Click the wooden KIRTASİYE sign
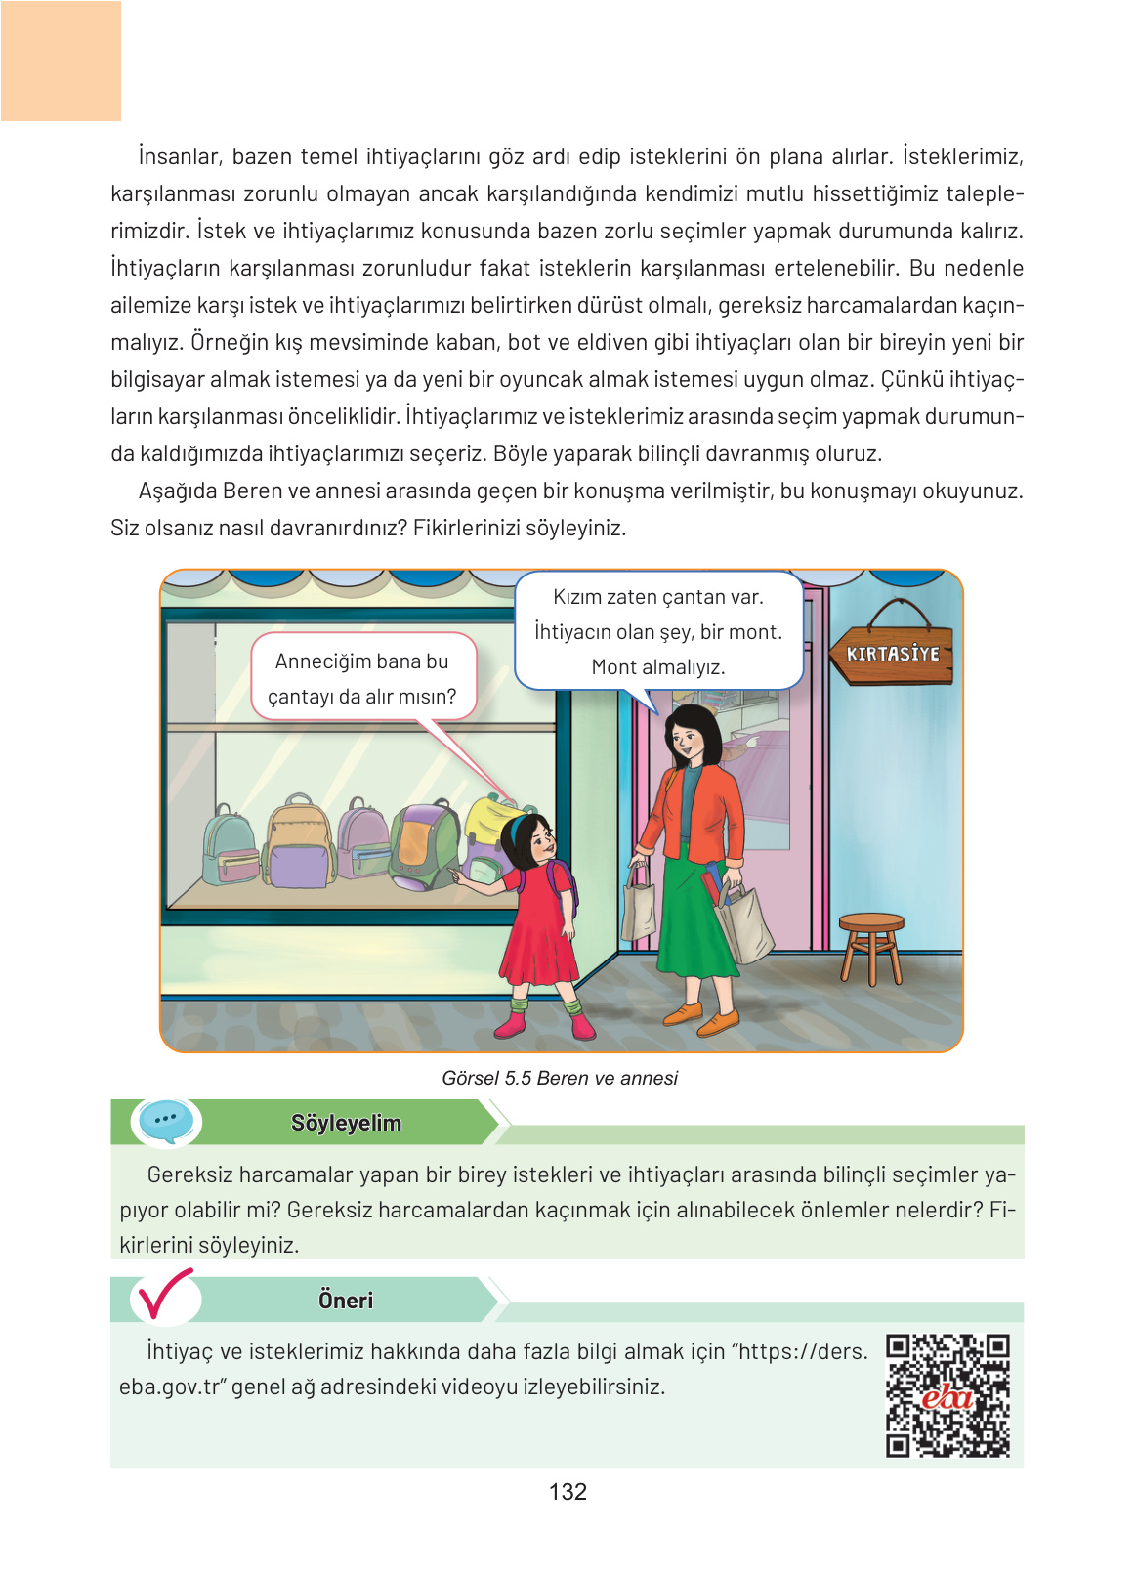pyautogui.click(x=891, y=654)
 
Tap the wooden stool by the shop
pyautogui.click(x=870, y=944)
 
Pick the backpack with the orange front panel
pyautogui.click(x=423, y=846)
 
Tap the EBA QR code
pyautogui.click(x=947, y=1394)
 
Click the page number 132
pyautogui.click(x=568, y=1491)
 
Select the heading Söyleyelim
pyautogui.click(x=346, y=1123)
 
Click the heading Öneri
pyautogui.click(x=346, y=1300)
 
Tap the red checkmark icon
pyautogui.click(x=164, y=1295)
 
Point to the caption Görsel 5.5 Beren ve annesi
pyautogui.click(x=560, y=1078)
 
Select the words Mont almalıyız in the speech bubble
pyautogui.click(x=658, y=667)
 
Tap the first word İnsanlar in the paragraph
pyautogui.click(x=179, y=156)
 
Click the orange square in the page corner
pyautogui.click(x=61, y=61)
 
